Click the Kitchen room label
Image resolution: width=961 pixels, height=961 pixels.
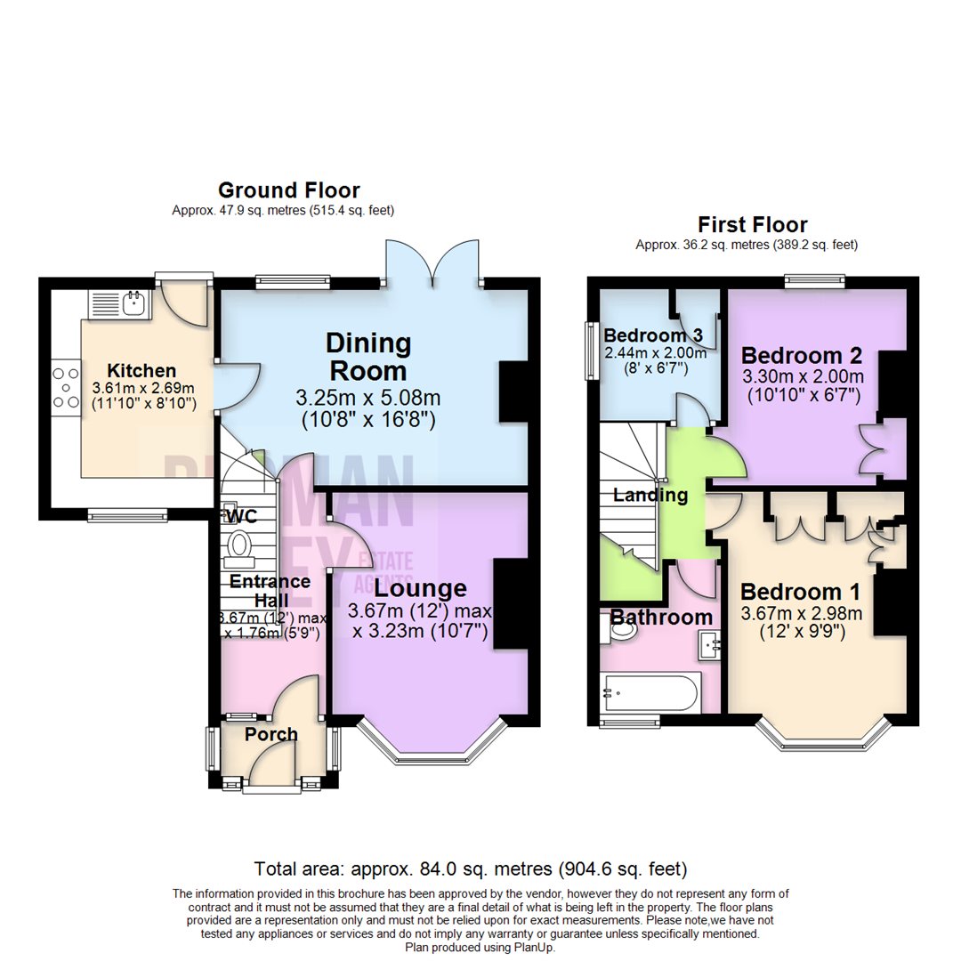coord(141,370)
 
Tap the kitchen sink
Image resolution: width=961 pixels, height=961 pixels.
coord(133,303)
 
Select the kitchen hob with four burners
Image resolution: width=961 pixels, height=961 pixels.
coord(65,388)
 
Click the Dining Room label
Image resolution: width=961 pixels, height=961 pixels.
coord(368,356)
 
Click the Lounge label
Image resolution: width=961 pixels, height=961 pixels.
coord(420,587)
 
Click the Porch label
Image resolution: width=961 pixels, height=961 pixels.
coord(271,734)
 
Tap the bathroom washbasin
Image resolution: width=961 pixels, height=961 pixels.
coord(709,642)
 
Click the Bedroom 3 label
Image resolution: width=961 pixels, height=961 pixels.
coord(653,335)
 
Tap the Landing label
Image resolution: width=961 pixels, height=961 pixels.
coord(650,495)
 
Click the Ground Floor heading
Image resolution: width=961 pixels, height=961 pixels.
coord(288,190)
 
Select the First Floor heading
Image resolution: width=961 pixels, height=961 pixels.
coord(752,223)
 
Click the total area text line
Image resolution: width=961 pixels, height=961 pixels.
coord(470,868)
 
